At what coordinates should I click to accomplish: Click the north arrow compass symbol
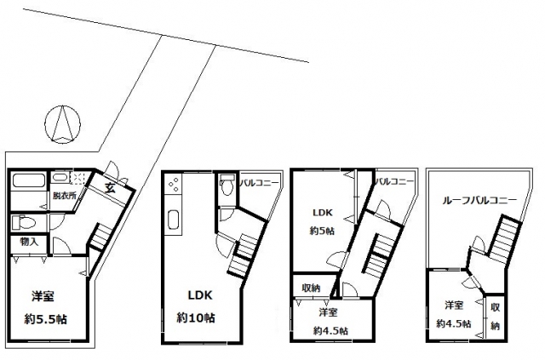[63, 124]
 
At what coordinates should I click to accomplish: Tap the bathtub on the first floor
[29, 181]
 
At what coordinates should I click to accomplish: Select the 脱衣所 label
[65, 195]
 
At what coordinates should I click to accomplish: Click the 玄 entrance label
[110, 188]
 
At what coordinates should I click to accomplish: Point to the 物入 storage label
[29, 242]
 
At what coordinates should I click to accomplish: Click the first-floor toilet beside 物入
[24, 223]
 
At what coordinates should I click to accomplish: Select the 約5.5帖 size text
[45, 319]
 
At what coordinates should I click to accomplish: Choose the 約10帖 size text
[196, 317]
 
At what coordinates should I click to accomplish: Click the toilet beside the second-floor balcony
[227, 186]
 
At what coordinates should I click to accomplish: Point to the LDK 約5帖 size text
[322, 231]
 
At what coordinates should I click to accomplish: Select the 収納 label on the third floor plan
[311, 288]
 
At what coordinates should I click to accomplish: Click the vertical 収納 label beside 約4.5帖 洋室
[496, 317]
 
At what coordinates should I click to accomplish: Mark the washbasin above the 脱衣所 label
[60, 178]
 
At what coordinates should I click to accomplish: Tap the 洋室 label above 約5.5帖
[43, 296]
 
